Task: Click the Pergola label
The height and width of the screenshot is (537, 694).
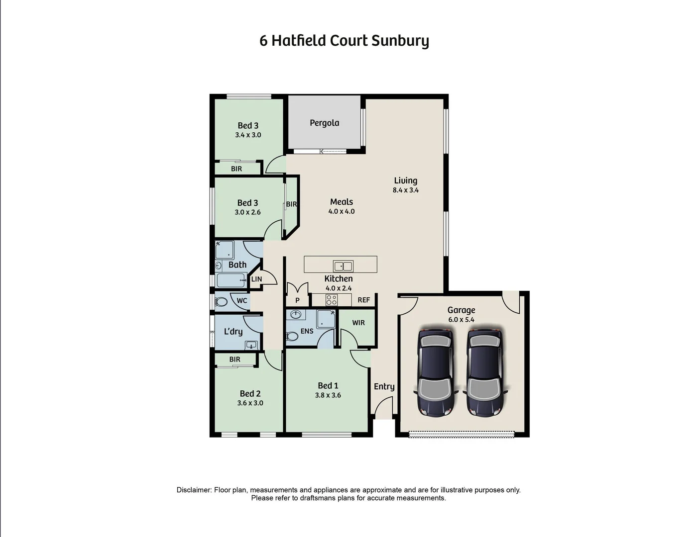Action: coord(324,123)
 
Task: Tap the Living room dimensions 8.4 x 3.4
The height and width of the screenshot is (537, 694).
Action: coord(405,190)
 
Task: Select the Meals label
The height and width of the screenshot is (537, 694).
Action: coord(342,202)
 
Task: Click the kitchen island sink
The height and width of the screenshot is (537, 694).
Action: coord(343,266)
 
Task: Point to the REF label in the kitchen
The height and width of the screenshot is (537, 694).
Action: coord(363,300)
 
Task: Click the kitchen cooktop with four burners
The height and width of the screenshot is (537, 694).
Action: coord(331,300)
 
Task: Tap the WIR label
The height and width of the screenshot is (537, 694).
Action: coord(358,323)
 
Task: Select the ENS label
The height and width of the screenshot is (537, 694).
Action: coord(307,331)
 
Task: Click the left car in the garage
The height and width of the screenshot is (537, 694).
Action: coord(436,371)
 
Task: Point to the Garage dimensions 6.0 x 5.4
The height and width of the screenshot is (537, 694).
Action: coord(461,320)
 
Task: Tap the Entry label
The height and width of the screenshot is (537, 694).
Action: coord(384,386)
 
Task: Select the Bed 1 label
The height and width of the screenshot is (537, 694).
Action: coord(328,385)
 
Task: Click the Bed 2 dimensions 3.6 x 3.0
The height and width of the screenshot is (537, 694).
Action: coord(250,403)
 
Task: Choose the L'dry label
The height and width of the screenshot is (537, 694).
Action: coord(233,331)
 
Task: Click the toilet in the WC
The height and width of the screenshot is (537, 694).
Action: coord(221,301)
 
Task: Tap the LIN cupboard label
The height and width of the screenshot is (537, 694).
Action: coord(256,279)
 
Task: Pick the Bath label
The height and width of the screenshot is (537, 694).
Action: coord(237,265)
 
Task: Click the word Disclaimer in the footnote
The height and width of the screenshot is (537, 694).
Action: coord(194,490)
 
